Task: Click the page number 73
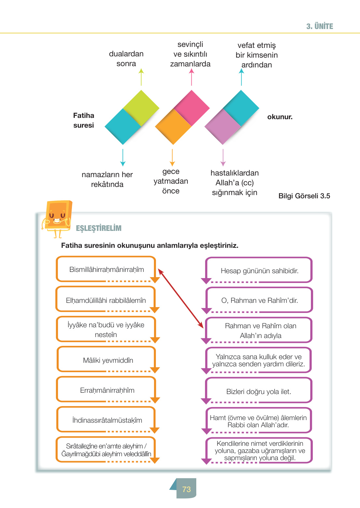(186, 489)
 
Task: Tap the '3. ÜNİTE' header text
(319, 26)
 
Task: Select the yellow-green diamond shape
(141, 107)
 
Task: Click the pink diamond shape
(192, 107)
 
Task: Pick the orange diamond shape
(173, 127)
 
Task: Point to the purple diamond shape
(223, 127)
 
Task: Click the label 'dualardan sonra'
(126, 59)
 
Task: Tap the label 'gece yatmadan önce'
(171, 181)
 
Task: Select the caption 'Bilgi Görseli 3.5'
(304, 196)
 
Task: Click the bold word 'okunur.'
(280, 117)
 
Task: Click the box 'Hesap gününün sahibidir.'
(259, 271)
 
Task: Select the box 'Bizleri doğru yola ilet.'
(259, 391)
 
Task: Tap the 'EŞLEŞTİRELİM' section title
(99, 228)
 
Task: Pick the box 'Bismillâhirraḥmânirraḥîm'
(106, 269)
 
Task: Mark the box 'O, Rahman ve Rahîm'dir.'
(259, 300)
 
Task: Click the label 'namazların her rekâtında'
(107, 179)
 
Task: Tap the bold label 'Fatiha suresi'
(84, 120)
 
